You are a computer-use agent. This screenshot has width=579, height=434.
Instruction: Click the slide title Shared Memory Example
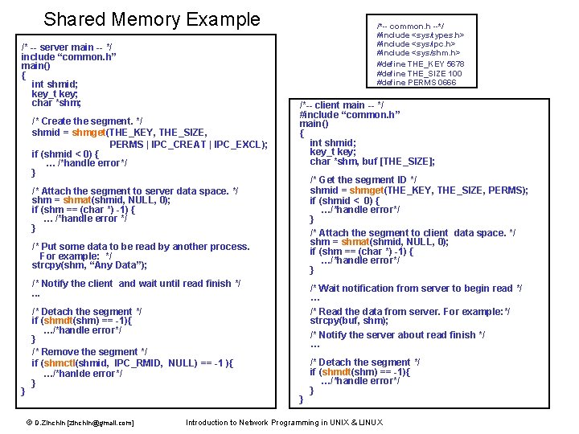point(152,19)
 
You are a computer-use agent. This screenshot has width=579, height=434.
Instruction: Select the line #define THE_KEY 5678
point(420,63)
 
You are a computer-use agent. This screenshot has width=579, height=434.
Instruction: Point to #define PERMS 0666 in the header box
point(416,82)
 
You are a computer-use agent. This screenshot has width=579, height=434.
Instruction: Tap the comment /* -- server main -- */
point(67,47)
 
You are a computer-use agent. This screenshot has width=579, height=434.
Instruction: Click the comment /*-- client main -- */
point(341,105)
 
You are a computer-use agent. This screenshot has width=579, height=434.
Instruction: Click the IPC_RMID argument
point(137,363)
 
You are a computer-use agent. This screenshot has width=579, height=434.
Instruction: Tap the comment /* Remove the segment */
point(89,352)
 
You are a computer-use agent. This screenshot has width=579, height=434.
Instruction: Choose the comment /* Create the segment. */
point(87,121)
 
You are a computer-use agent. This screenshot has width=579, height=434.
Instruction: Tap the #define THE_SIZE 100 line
point(419,73)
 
